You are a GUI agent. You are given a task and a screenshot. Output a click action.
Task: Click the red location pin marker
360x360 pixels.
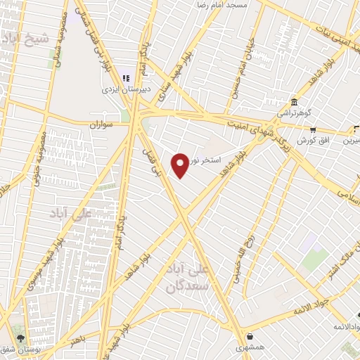coord(181,165)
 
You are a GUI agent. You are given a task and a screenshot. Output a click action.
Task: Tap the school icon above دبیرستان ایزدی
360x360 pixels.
coord(127,78)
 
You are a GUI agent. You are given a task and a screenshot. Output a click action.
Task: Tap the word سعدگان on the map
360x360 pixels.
coord(188,286)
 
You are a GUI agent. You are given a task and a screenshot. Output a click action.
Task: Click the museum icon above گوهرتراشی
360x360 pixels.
coord(293,102)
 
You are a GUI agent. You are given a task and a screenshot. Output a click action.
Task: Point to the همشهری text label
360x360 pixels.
coord(251,347)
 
